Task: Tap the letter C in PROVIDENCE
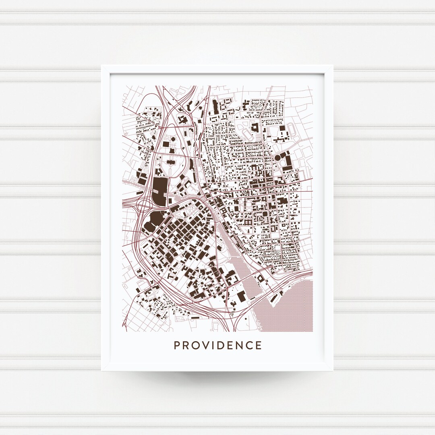258,346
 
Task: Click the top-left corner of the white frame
102,65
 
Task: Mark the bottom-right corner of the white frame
333,369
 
